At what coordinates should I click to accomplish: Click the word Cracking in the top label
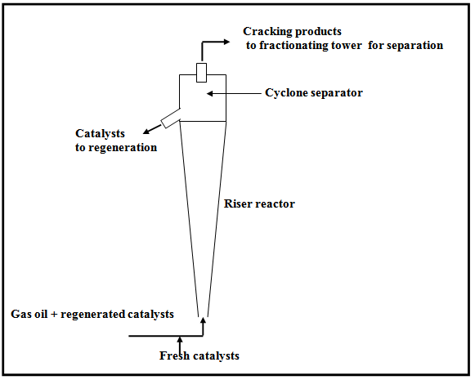(x=267, y=32)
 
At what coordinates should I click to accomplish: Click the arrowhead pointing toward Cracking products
(x=226, y=42)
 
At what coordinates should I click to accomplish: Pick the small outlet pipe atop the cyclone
(x=201, y=73)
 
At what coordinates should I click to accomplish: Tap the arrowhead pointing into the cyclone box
(x=210, y=93)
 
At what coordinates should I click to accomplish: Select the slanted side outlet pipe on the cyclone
(x=171, y=118)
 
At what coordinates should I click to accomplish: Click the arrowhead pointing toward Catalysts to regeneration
(x=146, y=131)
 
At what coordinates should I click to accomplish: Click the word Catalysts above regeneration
(x=100, y=133)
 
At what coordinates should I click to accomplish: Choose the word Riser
(x=237, y=203)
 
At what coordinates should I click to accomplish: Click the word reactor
(x=274, y=204)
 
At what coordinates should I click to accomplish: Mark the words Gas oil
(x=29, y=314)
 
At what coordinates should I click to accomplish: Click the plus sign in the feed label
(x=54, y=315)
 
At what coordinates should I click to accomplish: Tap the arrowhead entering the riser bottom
(x=203, y=320)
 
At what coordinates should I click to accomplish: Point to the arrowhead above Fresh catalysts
(x=180, y=340)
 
